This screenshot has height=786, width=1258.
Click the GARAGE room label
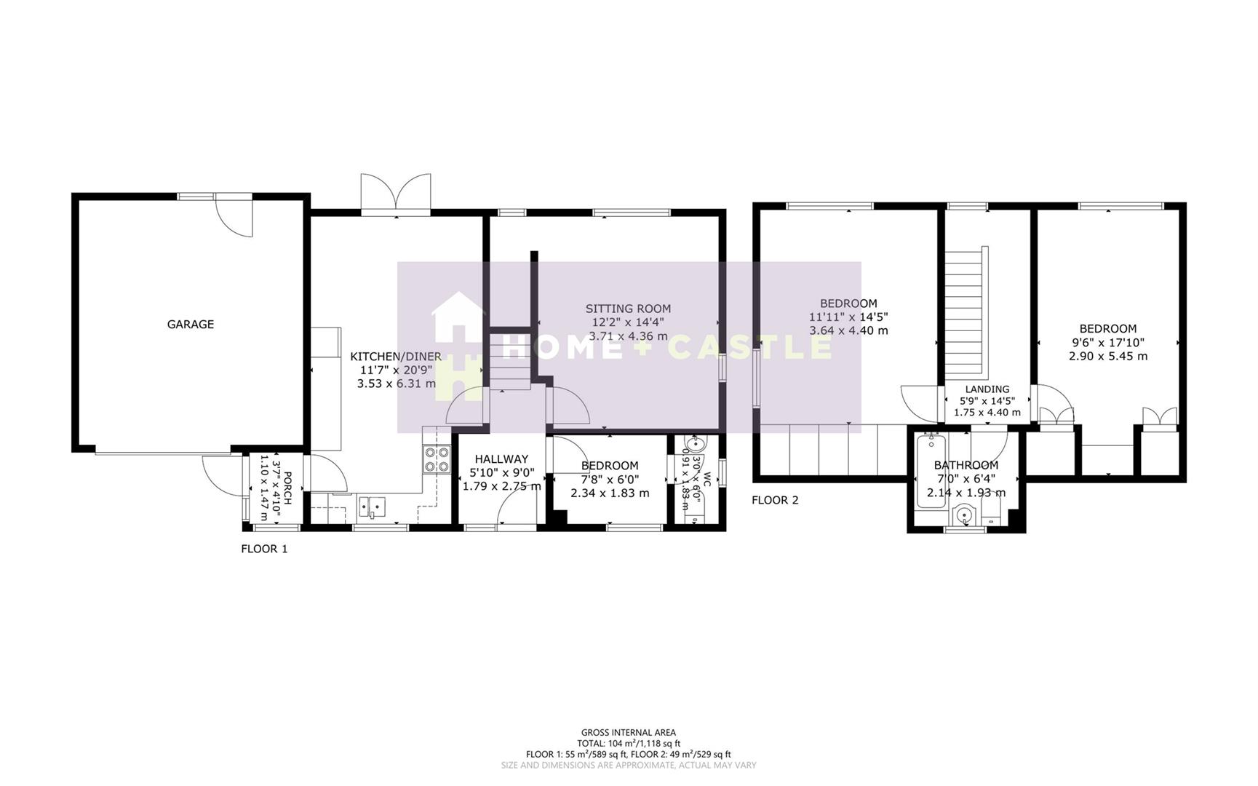[191, 325]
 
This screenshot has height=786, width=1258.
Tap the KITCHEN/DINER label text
[396, 357]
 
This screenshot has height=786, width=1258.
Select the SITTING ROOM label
[628, 309]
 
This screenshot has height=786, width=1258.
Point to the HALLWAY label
[501, 459]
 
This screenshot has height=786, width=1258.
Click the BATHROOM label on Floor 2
[966, 465]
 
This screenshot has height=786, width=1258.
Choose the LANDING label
[987, 389]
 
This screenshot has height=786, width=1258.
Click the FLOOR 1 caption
[264, 549]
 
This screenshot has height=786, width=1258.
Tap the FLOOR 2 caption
[775, 500]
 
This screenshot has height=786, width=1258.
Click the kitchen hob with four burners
[437, 459]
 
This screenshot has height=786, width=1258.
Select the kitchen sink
[372, 505]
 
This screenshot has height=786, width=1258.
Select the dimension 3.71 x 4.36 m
[628, 336]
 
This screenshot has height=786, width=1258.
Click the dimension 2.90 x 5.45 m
[1107, 356]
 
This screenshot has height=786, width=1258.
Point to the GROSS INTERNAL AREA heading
[628, 733]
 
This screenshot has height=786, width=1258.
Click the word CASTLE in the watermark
[749, 347]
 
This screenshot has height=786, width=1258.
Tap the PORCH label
[287, 486]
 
